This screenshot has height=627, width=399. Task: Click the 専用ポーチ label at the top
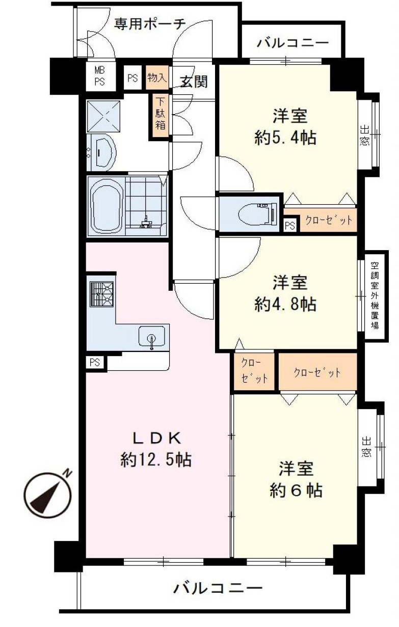pos(149,23)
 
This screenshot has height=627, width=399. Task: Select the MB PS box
pos(99,76)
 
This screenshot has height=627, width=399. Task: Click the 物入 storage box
pos(157,78)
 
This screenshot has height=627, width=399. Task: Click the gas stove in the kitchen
pos(101,294)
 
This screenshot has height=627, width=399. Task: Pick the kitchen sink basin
pos(152,337)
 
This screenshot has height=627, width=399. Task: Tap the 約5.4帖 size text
pos(285,138)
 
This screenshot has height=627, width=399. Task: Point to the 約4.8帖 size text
pos(285,304)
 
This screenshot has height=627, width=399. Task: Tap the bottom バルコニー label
pos(218,589)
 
